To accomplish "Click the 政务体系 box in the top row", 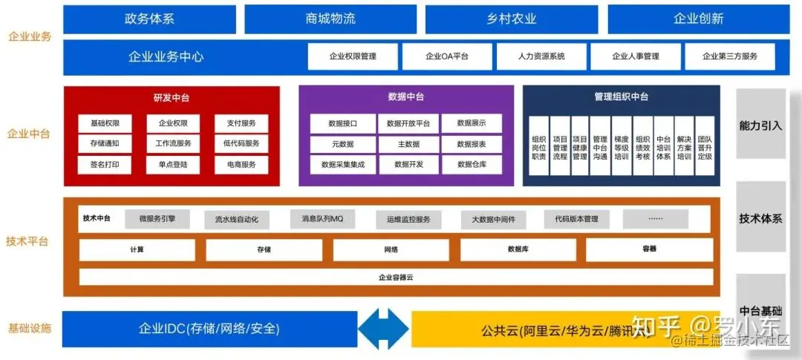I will coord(149,19).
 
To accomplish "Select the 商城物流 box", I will coord(330,19).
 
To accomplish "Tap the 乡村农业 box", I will coord(512,19).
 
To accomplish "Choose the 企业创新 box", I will coord(698,19).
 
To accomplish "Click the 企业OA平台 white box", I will coord(447,56).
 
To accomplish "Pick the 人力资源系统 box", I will coord(541,56).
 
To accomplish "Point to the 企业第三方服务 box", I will coord(730,56).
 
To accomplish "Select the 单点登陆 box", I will coord(173,165).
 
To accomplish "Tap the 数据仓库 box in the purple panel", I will coord(472,165).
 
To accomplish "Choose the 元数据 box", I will coord(342,144).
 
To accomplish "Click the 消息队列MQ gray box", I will coord(322,219).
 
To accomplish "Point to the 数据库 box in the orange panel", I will coord(518,250).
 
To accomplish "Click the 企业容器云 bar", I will coord(396,277).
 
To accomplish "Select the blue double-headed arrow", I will coord(385,328).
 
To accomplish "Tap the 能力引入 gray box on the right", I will coord(761,125).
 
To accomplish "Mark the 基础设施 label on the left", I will coord(30,328).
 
